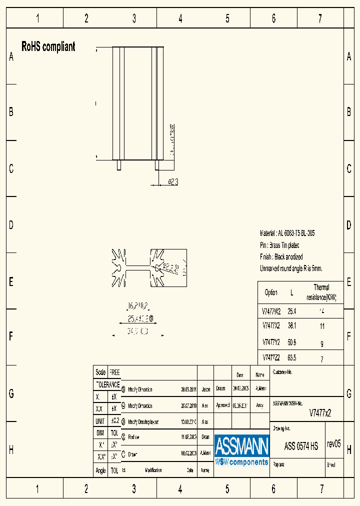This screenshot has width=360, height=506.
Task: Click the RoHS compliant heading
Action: (x=48, y=47)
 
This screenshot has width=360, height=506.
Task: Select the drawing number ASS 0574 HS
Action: (x=301, y=446)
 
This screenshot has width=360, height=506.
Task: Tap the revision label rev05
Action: (x=333, y=443)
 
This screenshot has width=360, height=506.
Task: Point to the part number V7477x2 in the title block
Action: (x=320, y=413)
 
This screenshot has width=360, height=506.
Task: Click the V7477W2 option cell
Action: (x=271, y=310)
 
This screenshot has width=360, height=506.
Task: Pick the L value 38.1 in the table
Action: (x=292, y=326)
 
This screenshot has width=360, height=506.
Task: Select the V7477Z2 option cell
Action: (x=271, y=358)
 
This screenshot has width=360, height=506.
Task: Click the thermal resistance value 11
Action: (x=322, y=326)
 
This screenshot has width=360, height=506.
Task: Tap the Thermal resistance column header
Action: (x=321, y=292)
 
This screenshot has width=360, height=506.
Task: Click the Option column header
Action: (x=271, y=292)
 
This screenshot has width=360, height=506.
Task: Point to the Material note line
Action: (x=287, y=233)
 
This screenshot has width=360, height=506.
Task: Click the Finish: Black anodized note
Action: (x=281, y=257)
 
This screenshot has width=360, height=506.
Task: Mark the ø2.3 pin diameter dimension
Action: (x=172, y=182)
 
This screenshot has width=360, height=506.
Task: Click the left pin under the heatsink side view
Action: (x=119, y=165)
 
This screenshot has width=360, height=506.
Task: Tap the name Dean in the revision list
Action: (x=205, y=436)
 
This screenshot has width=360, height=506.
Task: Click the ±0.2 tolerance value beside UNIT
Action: (x=114, y=421)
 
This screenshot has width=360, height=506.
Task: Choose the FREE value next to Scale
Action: (x=114, y=372)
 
